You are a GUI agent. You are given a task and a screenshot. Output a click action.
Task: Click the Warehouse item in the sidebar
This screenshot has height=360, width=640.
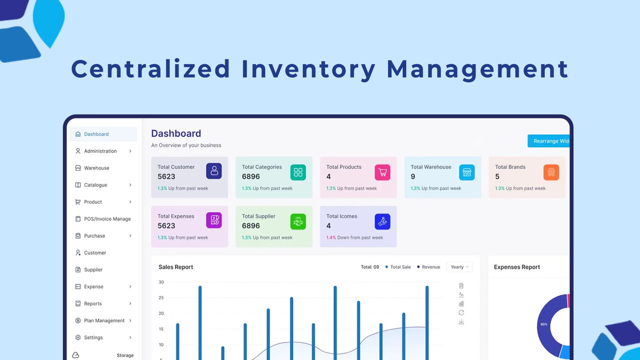coord(96,168)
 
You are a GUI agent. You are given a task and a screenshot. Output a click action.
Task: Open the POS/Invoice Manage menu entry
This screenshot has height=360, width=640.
coord(107,219)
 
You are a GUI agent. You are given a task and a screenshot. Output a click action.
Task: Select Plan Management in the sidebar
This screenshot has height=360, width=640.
coord(104,320)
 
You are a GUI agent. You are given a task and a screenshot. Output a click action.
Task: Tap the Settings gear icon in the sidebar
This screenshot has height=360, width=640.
coord(78,337)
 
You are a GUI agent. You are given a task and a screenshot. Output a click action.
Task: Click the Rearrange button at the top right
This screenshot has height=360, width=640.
coord(549,141)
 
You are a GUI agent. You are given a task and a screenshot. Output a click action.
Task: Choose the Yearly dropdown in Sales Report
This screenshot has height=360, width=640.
coord(459,267)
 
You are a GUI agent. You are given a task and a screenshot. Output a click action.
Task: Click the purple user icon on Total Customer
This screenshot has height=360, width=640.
coord(214,171)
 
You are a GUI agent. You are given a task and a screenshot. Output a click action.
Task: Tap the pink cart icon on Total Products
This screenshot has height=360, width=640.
coord(382,172)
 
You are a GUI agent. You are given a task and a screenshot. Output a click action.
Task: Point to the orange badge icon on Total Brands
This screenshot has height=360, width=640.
coord(551,172)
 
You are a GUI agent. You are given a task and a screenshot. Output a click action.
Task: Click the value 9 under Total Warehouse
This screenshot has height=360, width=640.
coord(413,176)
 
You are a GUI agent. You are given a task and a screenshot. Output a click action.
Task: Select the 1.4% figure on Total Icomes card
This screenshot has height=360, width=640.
coord(331,237)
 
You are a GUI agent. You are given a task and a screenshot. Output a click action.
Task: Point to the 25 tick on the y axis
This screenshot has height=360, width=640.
coord(161,298)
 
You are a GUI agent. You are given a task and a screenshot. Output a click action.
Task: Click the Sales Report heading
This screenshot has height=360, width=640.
coord(176,267)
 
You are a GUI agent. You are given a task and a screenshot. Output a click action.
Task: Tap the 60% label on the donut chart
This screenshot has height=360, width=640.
coord(544,324)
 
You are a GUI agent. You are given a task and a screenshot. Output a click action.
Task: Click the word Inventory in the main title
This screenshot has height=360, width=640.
coord(308,69)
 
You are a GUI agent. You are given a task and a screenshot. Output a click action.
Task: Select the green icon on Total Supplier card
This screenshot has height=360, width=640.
coord(298,221)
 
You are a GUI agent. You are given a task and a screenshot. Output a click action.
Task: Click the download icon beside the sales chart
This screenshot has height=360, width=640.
coord(461,321)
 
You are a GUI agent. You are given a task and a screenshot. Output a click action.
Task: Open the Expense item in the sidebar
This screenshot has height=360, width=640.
coord(94,286)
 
